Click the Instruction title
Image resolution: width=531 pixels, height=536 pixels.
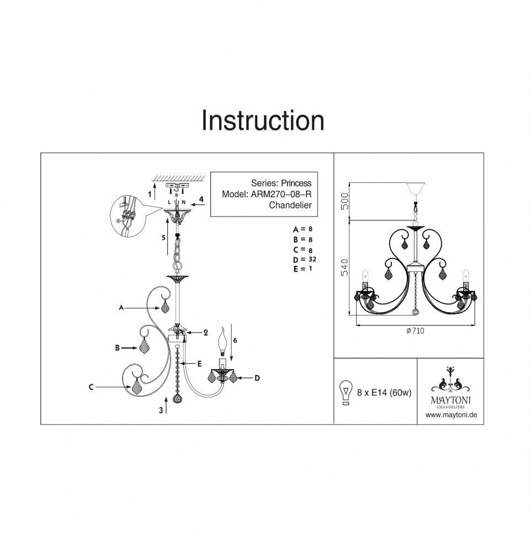(x=262, y=120)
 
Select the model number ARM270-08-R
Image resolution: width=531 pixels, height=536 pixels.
(x=282, y=194)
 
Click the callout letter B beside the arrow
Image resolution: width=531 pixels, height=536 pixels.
(x=117, y=348)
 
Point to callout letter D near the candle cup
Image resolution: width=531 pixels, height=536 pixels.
(x=257, y=378)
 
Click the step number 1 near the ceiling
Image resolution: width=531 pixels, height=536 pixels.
(x=150, y=194)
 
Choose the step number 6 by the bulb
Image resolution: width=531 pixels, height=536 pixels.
(x=235, y=341)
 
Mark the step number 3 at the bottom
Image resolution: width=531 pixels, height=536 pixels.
(x=161, y=409)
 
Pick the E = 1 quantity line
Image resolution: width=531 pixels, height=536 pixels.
(x=304, y=269)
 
